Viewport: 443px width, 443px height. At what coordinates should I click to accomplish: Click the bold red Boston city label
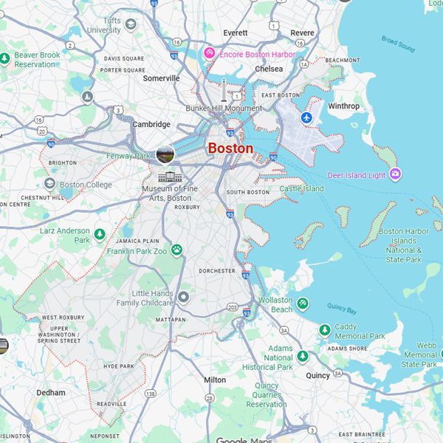point(230,148)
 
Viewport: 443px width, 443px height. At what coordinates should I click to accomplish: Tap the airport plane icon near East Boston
point(307,117)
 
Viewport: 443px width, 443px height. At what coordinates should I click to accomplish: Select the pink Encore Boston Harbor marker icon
point(209,53)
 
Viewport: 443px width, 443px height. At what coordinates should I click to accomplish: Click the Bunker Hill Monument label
point(224,108)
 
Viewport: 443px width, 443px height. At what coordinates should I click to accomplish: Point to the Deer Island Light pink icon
point(396,174)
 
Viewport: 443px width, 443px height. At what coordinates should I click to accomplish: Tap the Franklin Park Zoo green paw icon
point(177,250)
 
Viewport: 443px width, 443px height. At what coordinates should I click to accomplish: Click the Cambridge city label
point(151,125)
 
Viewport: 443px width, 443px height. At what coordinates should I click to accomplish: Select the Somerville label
point(162,78)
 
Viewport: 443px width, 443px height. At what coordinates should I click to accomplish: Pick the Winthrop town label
point(343,106)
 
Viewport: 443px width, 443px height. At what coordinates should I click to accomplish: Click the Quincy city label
point(318,375)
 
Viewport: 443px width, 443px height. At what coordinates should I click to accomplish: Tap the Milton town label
point(215,380)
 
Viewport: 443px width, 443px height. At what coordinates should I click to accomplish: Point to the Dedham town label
point(51,393)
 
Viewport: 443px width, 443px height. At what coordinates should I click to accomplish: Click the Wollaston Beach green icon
point(302,302)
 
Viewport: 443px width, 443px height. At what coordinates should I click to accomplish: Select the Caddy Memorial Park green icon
point(324,329)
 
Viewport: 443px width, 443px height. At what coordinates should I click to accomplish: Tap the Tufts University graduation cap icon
point(131,25)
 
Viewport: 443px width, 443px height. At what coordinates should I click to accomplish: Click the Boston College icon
point(49,184)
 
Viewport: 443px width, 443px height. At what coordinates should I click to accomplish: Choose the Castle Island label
point(301,189)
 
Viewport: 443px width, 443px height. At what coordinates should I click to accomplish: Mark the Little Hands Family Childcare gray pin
point(184,297)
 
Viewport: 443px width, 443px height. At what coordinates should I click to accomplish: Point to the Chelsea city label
point(268,69)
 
